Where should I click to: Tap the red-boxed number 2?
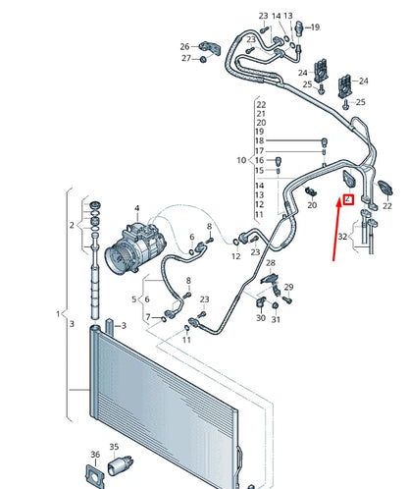346,199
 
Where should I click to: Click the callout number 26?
184,46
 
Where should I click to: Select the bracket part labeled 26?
209,45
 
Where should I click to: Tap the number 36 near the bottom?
95,455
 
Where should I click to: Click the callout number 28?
271,264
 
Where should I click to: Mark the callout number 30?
261,318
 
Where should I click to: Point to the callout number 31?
278,318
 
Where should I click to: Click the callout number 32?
341,237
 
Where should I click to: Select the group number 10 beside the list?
240,160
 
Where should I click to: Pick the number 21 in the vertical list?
260,113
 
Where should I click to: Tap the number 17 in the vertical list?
260,150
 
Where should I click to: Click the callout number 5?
134,299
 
